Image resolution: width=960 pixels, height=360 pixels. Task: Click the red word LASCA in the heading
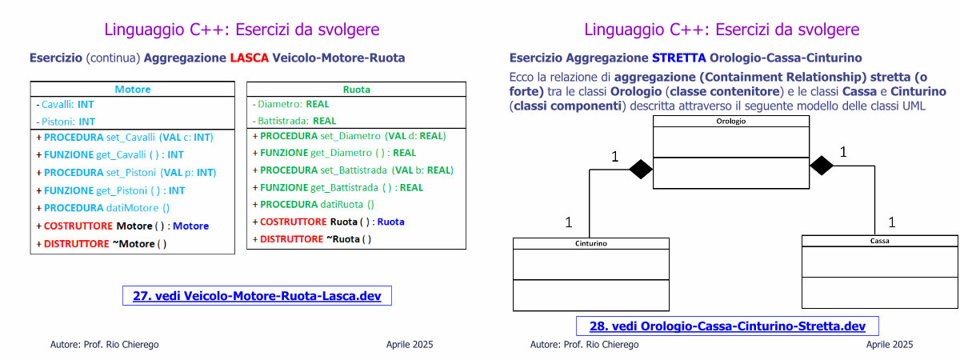tap(250, 58)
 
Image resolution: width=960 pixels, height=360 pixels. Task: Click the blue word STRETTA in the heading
tap(679, 58)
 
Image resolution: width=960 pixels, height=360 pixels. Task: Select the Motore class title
tap(133, 89)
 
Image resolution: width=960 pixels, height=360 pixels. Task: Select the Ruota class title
tap(357, 89)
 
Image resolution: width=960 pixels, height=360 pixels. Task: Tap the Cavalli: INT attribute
tap(65, 105)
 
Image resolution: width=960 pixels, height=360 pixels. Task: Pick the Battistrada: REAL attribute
tap(294, 121)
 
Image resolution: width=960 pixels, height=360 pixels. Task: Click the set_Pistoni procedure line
tap(126, 173)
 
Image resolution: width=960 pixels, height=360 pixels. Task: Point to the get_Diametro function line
tap(334, 153)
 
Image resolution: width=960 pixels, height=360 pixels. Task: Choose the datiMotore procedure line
tap(103, 208)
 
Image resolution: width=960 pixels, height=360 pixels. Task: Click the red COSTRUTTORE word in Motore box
tap(78, 226)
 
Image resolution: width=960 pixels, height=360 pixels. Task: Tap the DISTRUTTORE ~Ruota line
tap(312, 239)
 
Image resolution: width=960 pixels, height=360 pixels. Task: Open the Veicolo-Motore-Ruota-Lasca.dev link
tap(257, 296)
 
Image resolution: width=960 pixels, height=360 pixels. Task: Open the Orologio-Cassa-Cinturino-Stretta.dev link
tap(727, 326)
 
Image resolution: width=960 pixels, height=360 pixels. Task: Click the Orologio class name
tap(731, 122)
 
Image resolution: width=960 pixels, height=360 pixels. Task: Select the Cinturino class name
tap(591, 243)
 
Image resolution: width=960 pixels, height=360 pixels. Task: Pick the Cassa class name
tap(879, 241)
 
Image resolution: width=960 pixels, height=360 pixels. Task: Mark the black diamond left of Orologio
tap(641, 170)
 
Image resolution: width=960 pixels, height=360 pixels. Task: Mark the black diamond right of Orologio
tap(822, 166)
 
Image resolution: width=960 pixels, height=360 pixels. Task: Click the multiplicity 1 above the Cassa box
tap(892, 222)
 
